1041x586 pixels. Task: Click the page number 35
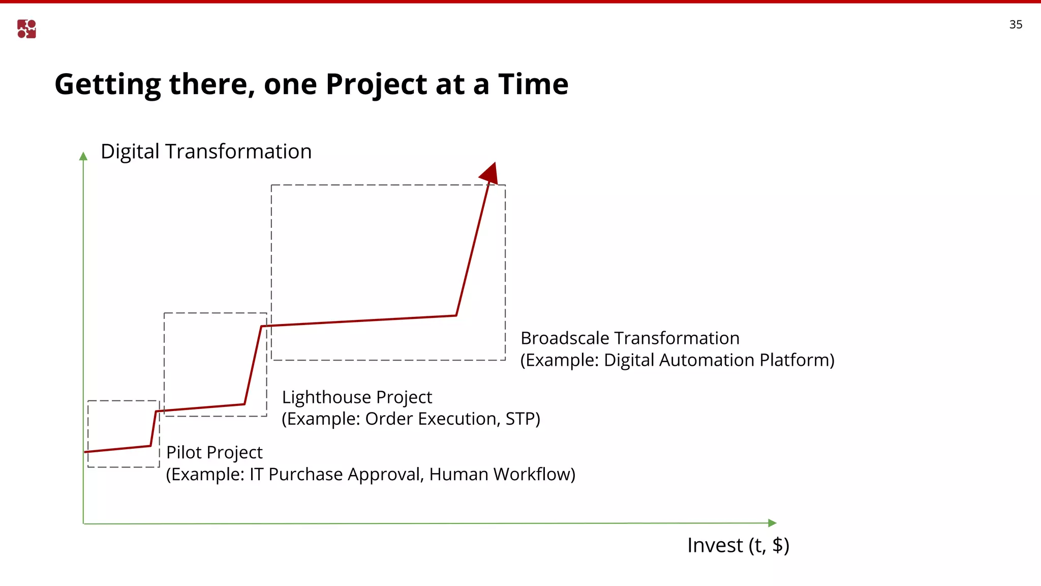1016,24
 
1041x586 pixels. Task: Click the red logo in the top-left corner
26,29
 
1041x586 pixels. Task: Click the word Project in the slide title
377,84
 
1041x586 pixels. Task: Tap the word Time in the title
533,84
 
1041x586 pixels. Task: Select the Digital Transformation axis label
206,152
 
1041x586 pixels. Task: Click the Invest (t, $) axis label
738,545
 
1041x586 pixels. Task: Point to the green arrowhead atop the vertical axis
83,156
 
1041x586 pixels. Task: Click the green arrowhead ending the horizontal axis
772,523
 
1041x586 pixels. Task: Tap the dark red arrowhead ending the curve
489,173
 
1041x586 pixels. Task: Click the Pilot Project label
214,452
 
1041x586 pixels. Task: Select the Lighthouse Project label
357,397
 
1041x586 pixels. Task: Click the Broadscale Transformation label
630,338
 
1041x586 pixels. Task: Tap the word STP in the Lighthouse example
520,419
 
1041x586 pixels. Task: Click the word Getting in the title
107,84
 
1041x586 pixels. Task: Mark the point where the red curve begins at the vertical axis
85,452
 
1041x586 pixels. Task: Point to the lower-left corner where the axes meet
83,523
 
